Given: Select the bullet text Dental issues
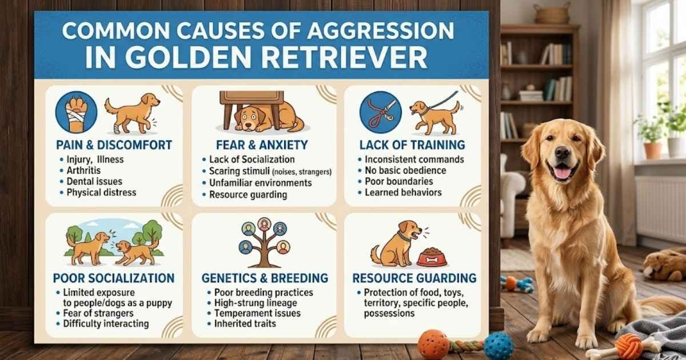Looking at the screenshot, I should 91,181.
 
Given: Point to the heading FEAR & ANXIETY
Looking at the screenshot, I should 262,145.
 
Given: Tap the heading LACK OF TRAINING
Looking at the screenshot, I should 411,145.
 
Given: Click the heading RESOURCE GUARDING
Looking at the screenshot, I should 414,278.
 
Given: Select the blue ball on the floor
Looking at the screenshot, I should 499,346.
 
